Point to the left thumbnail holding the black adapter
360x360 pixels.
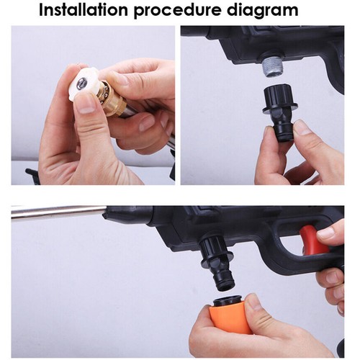269,134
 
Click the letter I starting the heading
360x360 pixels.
42,11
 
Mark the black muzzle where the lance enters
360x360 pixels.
119,215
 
